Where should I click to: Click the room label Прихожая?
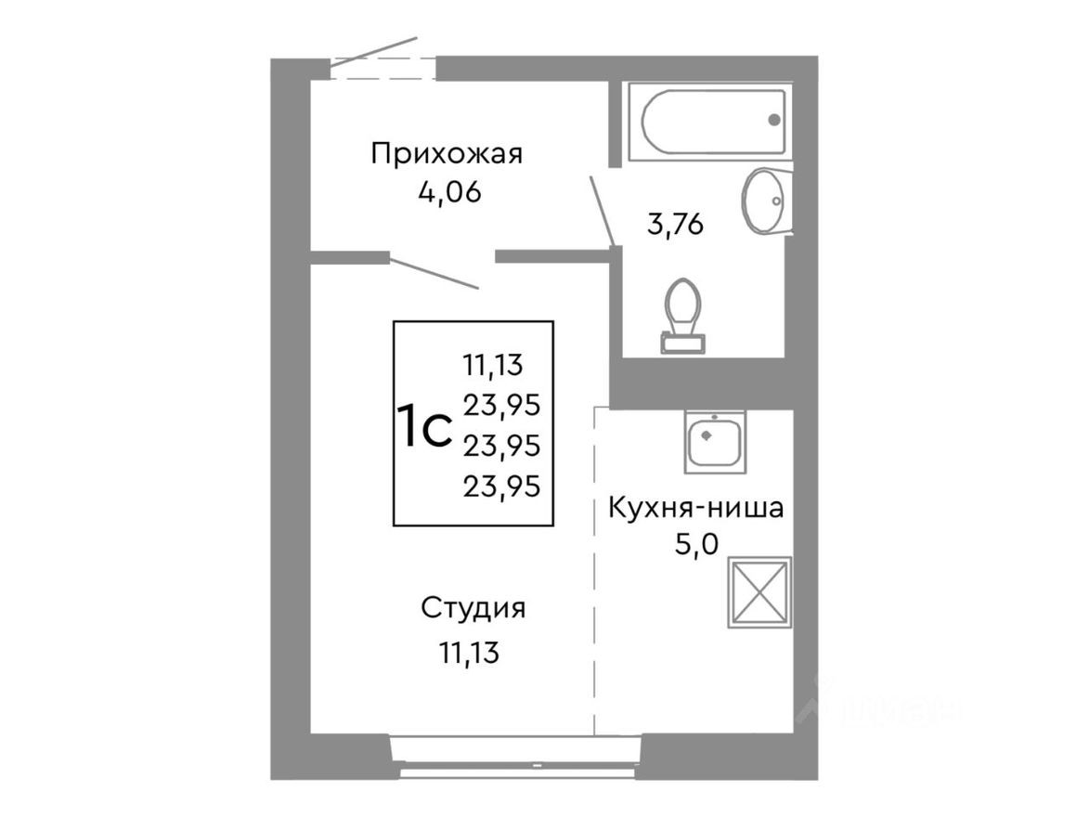tap(447, 153)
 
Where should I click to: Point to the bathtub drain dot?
tap(773, 120)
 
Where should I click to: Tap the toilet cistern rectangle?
tap(683, 343)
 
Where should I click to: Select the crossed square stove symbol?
tap(758, 591)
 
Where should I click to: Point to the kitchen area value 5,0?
tap(695, 544)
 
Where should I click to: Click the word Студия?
tap(473, 609)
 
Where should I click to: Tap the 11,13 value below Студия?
tap(470, 654)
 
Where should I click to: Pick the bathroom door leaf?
tap(603, 210)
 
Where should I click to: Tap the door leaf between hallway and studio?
tap(434, 274)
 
